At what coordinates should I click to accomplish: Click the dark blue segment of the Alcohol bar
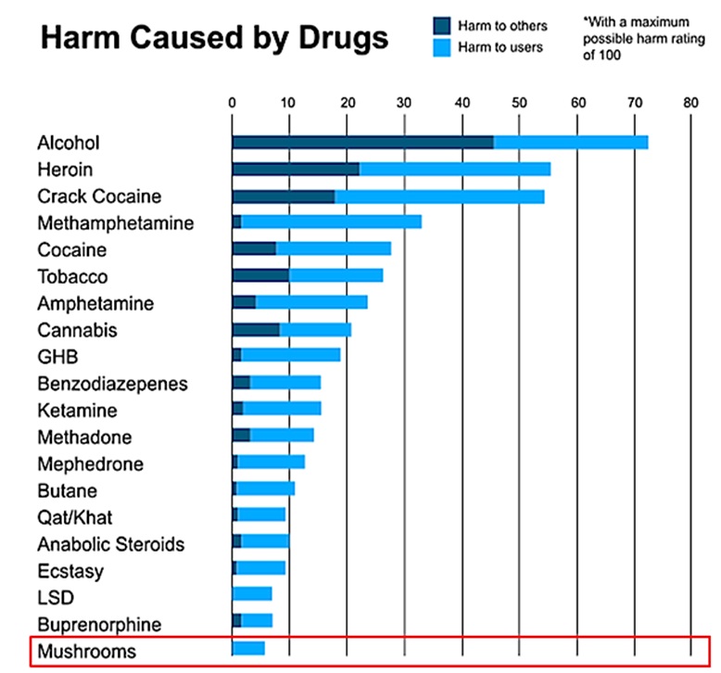(x=361, y=142)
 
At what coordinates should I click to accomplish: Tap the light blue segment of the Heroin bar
(x=454, y=169)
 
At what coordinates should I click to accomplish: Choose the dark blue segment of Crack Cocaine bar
(x=283, y=197)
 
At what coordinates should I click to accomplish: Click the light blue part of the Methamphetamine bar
(x=331, y=222)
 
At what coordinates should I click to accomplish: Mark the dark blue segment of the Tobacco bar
(x=259, y=275)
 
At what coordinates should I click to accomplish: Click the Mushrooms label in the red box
(x=86, y=651)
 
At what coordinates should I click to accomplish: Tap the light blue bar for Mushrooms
(x=248, y=649)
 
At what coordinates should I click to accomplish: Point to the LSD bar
(x=252, y=594)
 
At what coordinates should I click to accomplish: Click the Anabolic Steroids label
(x=110, y=544)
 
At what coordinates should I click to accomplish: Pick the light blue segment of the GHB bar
(x=290, y=355)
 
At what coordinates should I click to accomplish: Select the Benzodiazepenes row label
(x=112, y=384)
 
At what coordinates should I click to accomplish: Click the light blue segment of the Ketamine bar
(x=282, y=409)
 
